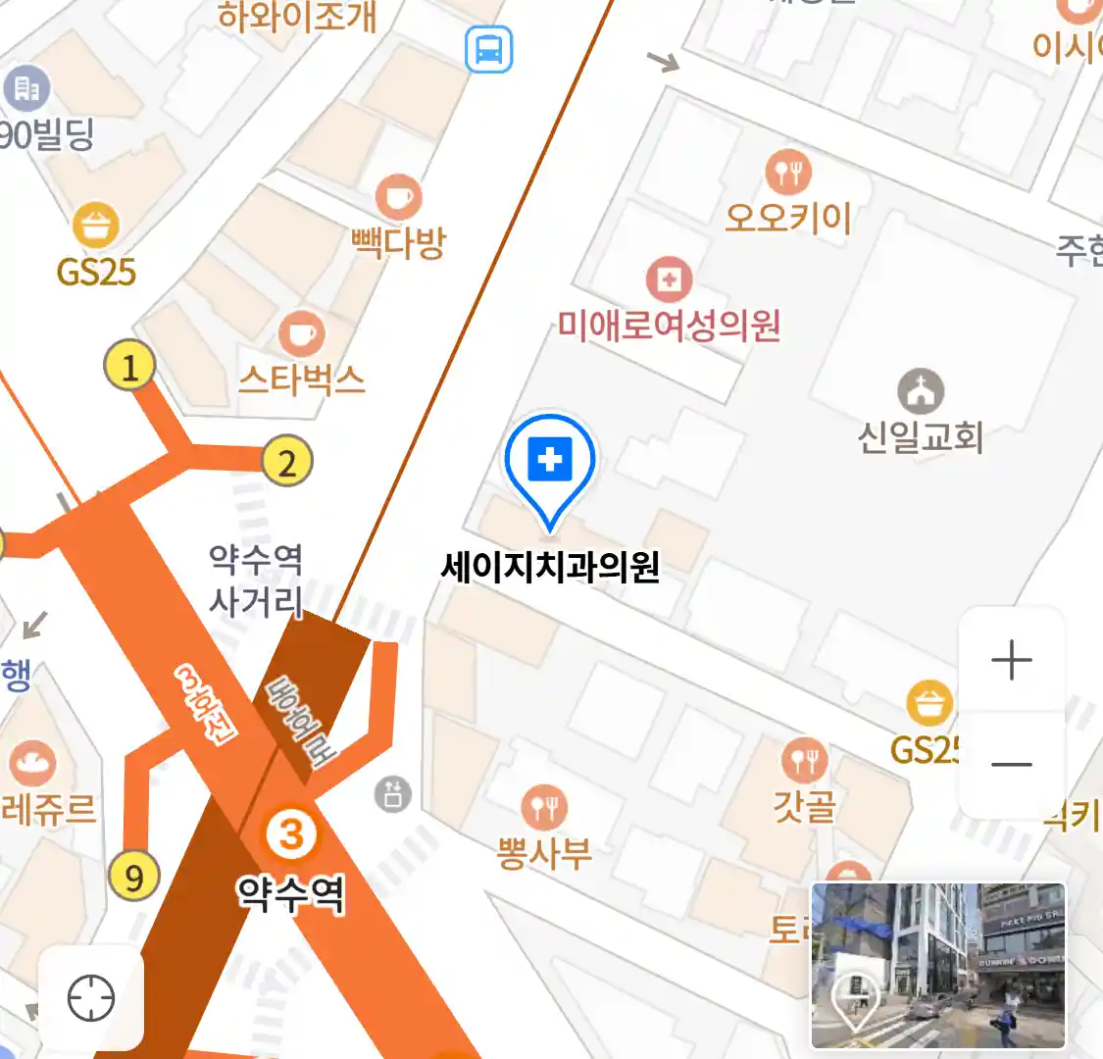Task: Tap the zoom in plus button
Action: [x=1011, y=661]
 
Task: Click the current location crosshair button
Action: [x=91, y=998]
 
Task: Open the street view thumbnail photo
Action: [x=937, y=966]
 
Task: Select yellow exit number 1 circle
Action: [x=129, y=367]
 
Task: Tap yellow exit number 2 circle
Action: [x=286, y=462]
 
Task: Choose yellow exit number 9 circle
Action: [x=133, y=876]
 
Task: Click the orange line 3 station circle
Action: [x=292, y=835]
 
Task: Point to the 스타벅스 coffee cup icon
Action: [x=301, y=335]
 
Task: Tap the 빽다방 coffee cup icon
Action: [x=398, y=198]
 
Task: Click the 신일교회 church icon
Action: [x=920, y=392]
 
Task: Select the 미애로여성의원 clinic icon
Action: [x=669, y=280]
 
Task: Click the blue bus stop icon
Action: [x=488, y=49]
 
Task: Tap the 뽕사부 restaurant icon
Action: [x=544, y=807]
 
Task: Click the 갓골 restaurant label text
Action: [x=805, y=806]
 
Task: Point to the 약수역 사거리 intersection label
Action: [x=256, y=580]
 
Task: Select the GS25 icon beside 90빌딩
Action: [x=96, y=226]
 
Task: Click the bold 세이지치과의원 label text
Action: [x=550, y=567]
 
